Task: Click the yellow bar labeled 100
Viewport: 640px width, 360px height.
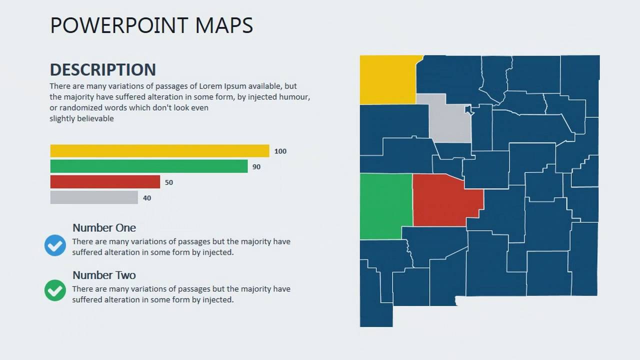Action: tap(159, 151)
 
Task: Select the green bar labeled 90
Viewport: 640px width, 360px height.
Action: tap(149, 166)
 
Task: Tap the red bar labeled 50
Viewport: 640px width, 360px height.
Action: tap(105, 182)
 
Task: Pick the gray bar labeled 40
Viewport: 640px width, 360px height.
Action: tap(94, 197)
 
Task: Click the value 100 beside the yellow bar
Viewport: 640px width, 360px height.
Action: tap(280, 151)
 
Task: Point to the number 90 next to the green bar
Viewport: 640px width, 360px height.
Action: tap(256, 166)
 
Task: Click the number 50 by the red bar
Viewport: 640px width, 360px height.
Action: tap(169, 182)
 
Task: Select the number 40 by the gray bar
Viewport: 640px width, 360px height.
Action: tap(147, 198)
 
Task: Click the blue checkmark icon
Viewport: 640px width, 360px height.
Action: tap(55, 245)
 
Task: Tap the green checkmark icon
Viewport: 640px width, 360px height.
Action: tap(55, 290)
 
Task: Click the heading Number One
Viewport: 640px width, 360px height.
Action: tap(104, 228)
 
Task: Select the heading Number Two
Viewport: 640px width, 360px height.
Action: tap(104, 275)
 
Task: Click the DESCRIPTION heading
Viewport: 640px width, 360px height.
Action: tap(103, 69)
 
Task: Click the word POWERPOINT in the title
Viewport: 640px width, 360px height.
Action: tap(119, 25)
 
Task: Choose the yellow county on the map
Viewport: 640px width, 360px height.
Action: tap(387, 79)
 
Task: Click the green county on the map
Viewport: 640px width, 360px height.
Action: tap(385, 206)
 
